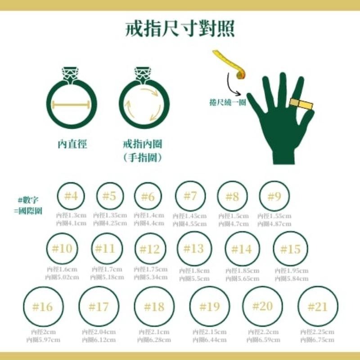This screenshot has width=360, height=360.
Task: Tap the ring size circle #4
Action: tap(72, 197)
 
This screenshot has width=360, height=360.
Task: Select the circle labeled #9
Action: tap(274, 197)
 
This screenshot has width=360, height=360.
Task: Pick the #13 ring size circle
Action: tap(194, 248)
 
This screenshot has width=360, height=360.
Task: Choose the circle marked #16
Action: tap(43, 307)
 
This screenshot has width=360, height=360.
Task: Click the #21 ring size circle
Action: tap(318, 307)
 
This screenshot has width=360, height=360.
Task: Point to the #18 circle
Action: tap(154, 307)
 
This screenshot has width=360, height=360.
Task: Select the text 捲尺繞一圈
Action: tap(227, 103)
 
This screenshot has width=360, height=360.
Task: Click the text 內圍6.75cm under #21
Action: tap(317, 340)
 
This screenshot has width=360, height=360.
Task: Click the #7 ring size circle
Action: tap(190, 196)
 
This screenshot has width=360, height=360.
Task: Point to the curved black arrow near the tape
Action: tap(230, 83)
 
